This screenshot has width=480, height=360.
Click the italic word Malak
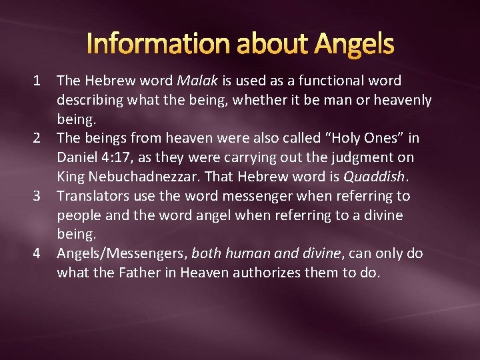click(x=197, y=81)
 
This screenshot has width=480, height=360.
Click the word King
click(x=70, y=177)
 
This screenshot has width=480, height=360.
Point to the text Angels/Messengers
click(x=123, y=254)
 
